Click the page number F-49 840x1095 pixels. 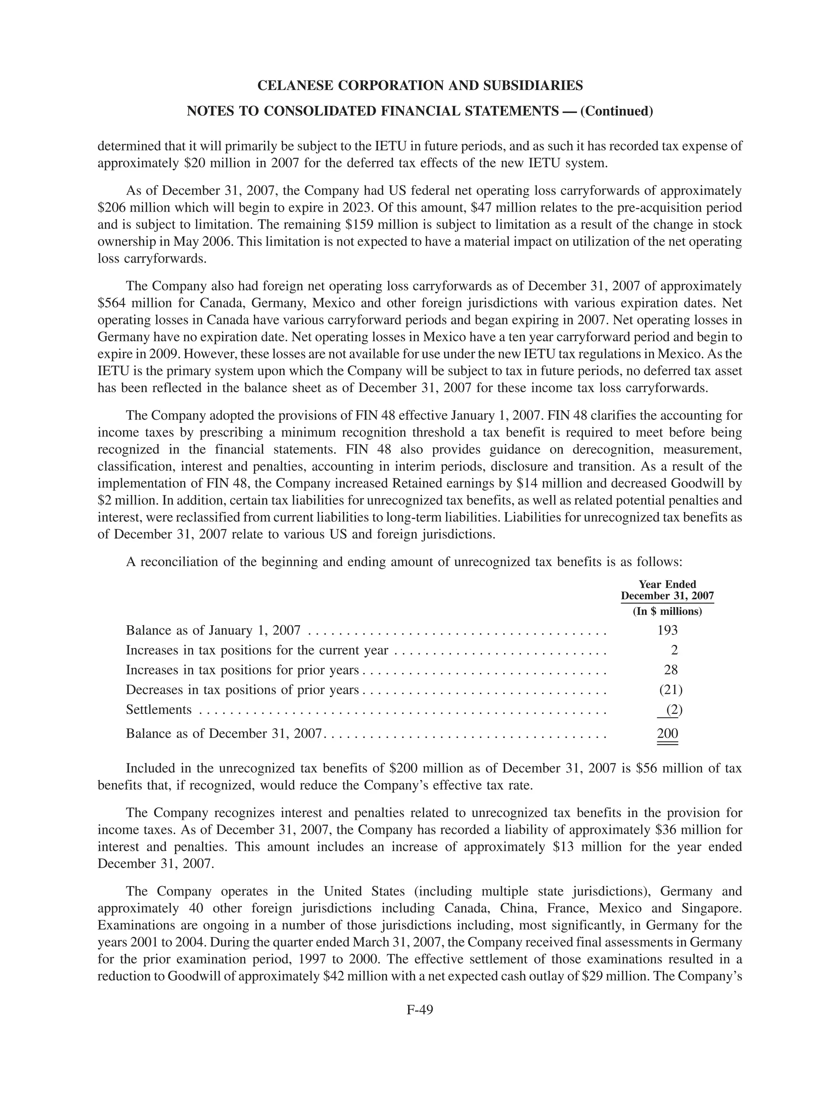coord(420,1010)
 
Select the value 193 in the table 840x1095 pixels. coord(667,630)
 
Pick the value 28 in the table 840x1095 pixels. coord(671,670)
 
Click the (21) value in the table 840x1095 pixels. coord(671,690)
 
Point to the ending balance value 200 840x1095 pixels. coord(667,734)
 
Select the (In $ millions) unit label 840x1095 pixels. coord(667,611)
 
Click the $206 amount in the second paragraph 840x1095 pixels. coord(110,208)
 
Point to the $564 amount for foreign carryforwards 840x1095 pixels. coord(110,303)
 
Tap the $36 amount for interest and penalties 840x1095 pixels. coord(666,830)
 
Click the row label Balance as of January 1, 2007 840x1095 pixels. coord(213,630)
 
